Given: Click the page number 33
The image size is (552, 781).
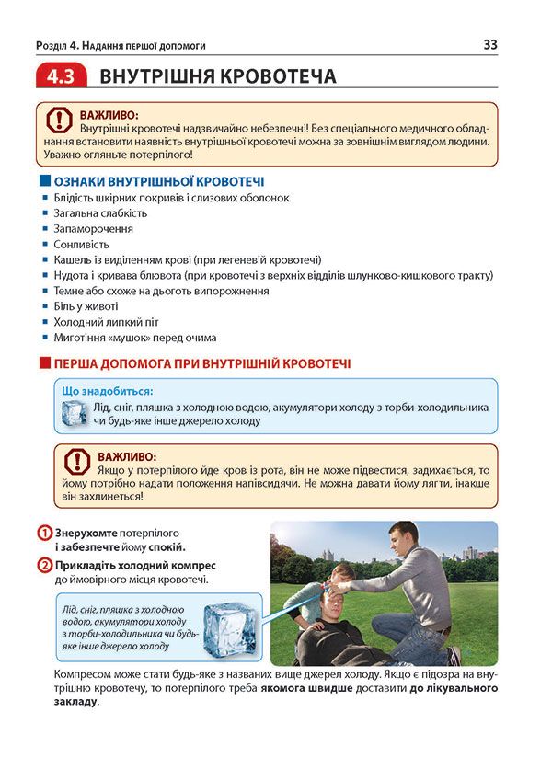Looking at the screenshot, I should (489, 43).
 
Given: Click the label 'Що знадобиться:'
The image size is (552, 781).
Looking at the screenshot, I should (107, 391).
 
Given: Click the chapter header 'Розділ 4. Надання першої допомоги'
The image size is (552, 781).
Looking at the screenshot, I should (120, 44).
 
